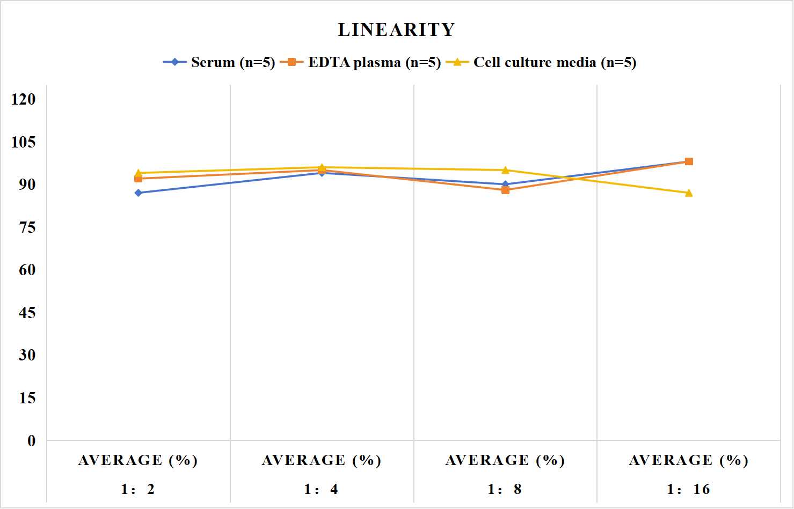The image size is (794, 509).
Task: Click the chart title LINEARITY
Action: [x=396, y=29]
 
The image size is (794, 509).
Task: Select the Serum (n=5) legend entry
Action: [x=219, y=62]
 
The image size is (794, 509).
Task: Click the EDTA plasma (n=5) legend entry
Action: [x=360, y=62]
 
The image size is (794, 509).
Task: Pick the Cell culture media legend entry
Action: [x=541, y=62]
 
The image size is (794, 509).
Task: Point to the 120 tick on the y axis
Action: [x=24, y=99]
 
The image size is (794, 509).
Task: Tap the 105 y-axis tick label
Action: [x=24, y=142]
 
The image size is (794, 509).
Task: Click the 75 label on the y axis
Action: [x=27, y=227]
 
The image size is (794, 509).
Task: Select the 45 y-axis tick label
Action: [x=27, y=313]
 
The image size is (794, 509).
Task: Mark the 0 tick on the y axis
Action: [x=32, y=441]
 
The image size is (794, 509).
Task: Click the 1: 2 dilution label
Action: [x=138, y=489]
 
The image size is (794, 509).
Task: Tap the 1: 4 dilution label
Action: [x=321, y=489]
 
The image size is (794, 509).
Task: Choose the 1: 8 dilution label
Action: [x=505, y=489]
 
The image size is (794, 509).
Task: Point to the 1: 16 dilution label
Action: [x=688, y=489]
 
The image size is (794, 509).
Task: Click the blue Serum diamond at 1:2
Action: [x=139, y=193]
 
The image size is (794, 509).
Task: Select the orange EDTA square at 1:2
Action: [x=139, y=179]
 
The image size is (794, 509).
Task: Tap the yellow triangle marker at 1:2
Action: [x=139, y=173]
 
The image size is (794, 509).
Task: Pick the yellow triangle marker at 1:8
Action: [x=506, y=170]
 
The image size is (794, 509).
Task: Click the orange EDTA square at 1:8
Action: [x=506, y=190]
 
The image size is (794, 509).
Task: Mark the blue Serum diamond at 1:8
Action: [x=506, y=184]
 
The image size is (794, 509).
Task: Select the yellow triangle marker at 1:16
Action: [x=689, y=193]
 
